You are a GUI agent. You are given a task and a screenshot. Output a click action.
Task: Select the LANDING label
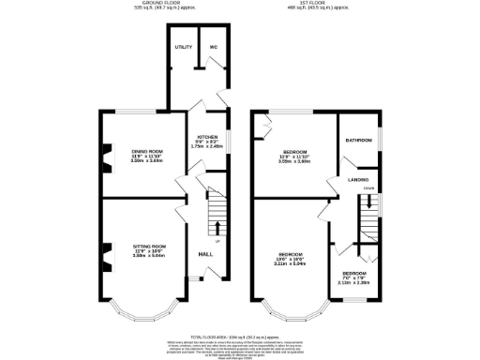click(357, 179)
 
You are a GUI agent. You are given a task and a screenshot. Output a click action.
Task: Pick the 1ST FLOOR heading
click(317, 4)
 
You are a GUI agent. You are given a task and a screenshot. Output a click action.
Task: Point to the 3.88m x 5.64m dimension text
click(147, 256)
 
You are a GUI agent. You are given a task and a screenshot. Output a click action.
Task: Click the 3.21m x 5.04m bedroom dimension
click(291, 264)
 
